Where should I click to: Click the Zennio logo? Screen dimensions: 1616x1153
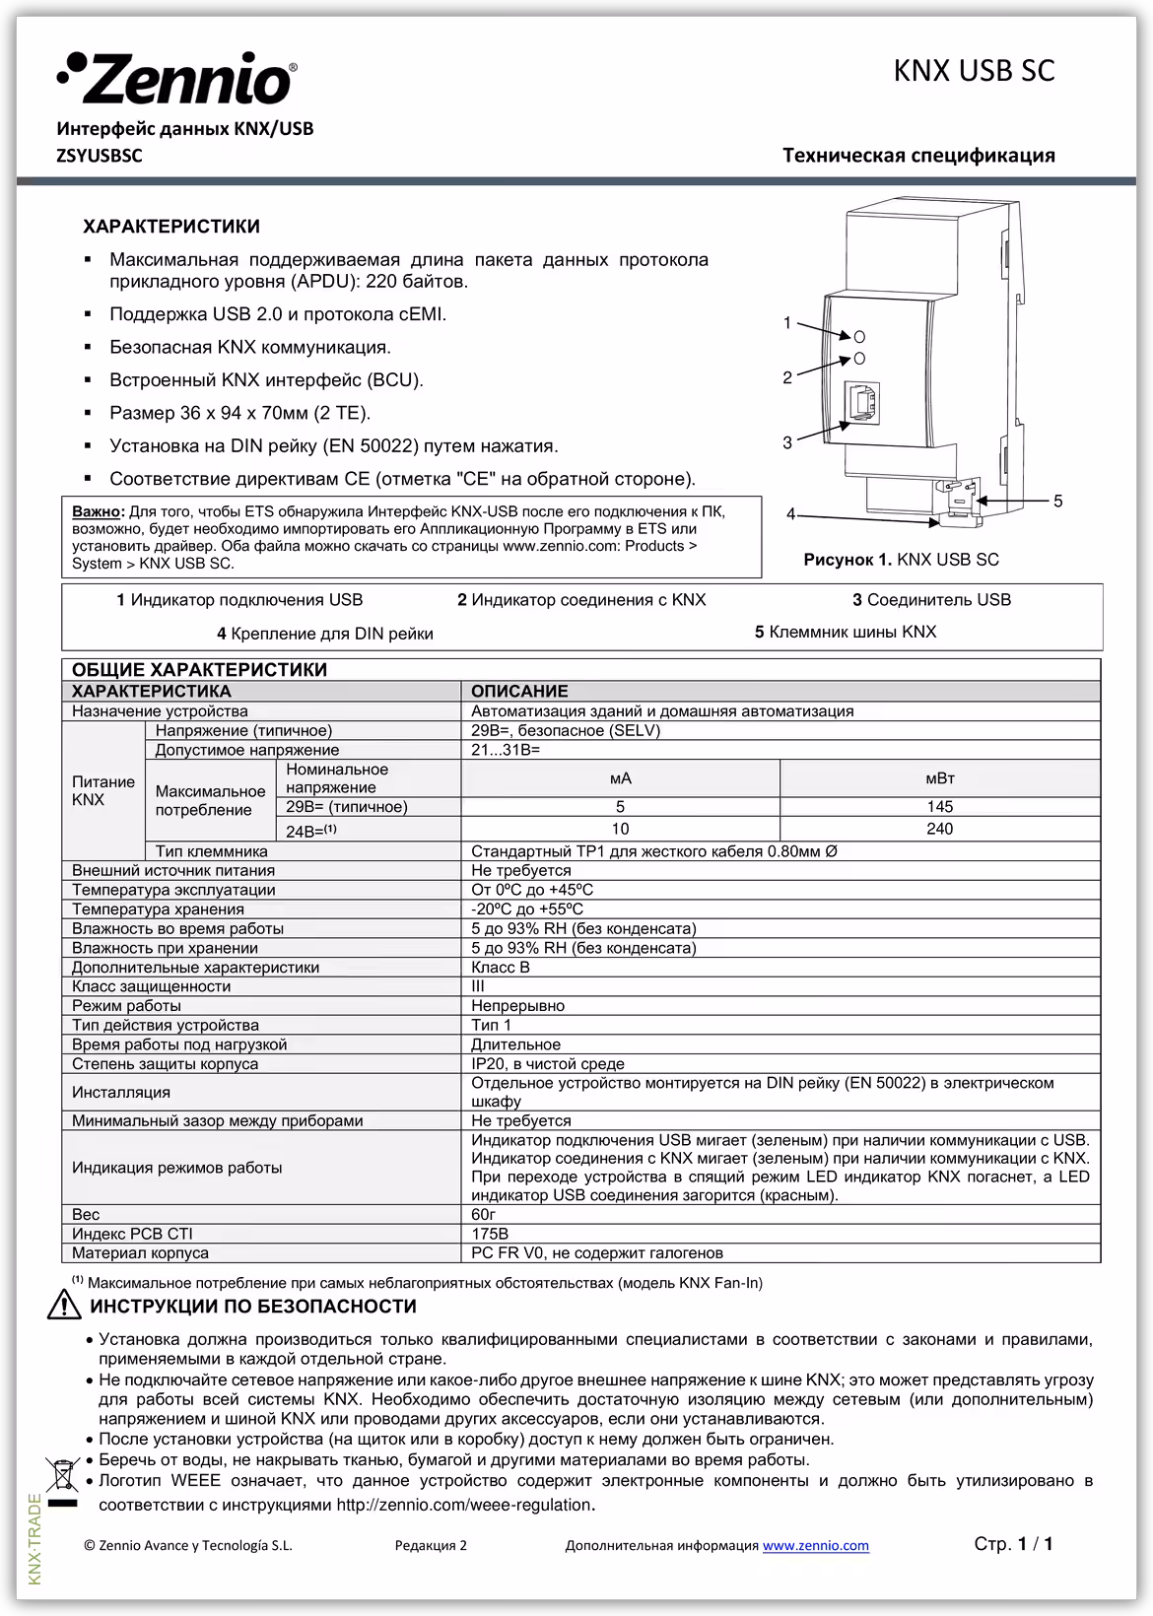[177, 78]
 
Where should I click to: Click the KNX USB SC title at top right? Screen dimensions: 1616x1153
[973, 71]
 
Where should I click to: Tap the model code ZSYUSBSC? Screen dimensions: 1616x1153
[100, 156]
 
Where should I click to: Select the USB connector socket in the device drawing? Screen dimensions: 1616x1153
[860, 405]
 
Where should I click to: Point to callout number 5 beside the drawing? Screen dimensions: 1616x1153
[1057, 502]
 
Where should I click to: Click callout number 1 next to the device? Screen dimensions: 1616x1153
[787, 322]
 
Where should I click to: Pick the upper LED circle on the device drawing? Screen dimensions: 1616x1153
[859, 336]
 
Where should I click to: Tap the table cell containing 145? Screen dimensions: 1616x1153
[939, 807]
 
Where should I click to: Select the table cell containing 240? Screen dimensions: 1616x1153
[939, 829]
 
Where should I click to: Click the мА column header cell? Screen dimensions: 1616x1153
[620, 778]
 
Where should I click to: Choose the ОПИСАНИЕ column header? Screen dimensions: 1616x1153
[519, 692]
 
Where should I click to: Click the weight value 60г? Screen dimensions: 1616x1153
[484, 1215]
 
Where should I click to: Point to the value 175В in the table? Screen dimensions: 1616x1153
[490, 1234]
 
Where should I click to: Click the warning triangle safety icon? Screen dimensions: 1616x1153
[63, 1306]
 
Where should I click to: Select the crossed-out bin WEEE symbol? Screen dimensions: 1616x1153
[61, 1474]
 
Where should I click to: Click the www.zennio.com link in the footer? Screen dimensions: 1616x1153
[815, 1545]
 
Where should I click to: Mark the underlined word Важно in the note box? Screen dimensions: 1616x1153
[98, 511]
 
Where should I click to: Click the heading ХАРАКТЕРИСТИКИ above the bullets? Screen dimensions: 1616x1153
[171, 227]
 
